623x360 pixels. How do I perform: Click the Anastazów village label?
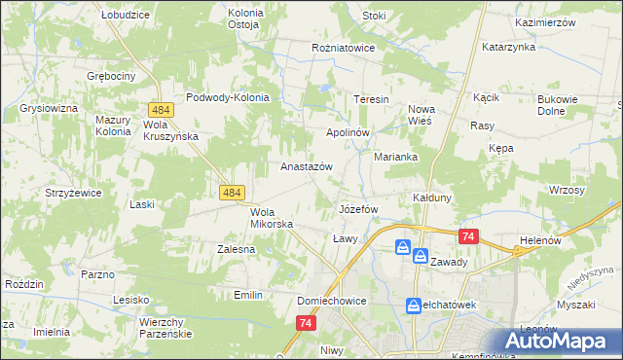tap(307, 166)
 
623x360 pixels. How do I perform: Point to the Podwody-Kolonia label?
tap(234, 97)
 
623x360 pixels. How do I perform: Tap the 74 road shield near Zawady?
tap(469, 236)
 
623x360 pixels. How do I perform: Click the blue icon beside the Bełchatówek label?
tap(414, 306)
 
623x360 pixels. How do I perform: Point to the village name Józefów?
tap(357, 209)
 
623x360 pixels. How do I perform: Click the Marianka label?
tap(396, 156)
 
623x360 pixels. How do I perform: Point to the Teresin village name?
tap(371, 100)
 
